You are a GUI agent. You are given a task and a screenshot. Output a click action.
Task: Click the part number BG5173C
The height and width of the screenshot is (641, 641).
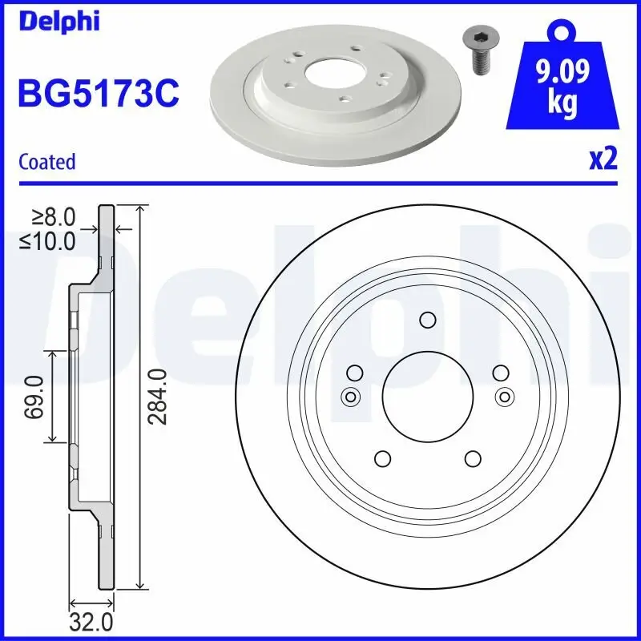98,94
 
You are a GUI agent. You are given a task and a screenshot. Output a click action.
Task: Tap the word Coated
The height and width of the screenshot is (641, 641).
46,162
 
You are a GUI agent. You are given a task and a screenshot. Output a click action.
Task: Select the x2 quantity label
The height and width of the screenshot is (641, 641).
603,159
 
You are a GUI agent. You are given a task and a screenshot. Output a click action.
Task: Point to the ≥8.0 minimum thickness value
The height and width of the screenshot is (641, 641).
54,216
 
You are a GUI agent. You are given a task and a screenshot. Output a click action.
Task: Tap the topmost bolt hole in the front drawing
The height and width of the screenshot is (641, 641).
426,320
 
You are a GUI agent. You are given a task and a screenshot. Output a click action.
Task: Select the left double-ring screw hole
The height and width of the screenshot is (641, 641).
349,396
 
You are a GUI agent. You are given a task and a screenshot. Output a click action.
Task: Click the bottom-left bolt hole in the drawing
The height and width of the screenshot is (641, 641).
381,458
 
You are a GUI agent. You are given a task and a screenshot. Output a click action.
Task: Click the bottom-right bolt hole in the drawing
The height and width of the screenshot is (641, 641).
473,458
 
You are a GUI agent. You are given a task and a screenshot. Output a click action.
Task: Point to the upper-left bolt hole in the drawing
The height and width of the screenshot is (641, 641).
353,373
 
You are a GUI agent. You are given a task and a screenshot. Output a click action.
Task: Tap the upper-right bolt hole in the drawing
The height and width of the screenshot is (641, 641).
500,373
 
